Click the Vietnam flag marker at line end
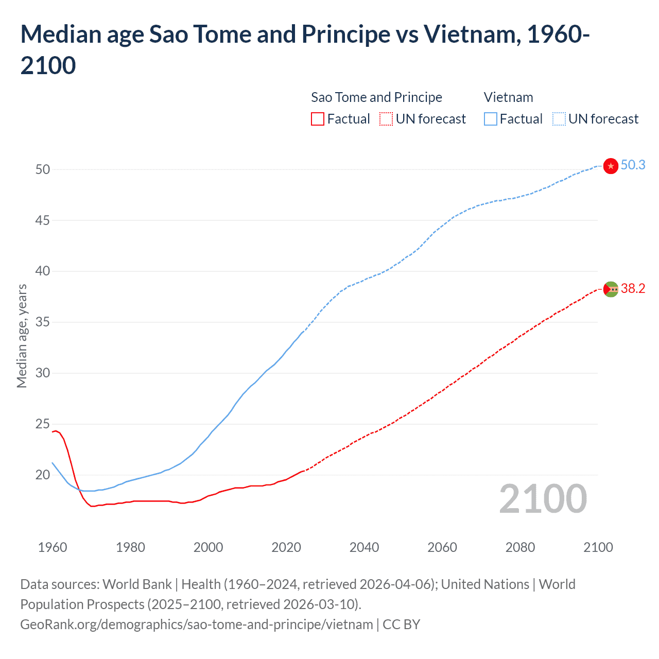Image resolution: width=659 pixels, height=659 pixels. pyautogui.click(x=611, y=166)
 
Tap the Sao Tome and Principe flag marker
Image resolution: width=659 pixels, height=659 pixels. pyautogui.click(x=611, y=289)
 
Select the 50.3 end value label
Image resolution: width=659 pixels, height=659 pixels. pyautogui.click(x=633, y=165)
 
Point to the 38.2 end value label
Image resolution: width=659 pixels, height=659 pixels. pyautogui.click(x=633, y=289)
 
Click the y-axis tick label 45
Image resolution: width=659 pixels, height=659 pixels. pyautogui.click(x=43, y=220)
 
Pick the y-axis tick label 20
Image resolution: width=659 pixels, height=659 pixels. pyautogui.click(x=43, y=475)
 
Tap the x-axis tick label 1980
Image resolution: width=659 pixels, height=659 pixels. pyautogui.click(x=130, y=547)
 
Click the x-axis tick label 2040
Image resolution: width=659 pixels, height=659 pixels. pyautogui.click(x=364, y=547)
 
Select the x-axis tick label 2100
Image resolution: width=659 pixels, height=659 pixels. pyautogui.click(x=598, y=547)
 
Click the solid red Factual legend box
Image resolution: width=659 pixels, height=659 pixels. pyautogui.click(x=318, y=119)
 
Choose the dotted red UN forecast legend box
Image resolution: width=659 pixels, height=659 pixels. pyautogui.click(x=386, y=119)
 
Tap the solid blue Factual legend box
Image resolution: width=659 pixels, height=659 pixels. pyautogui.click(x=491, y=119)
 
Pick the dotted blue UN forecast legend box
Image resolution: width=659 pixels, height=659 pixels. pyautogui.click(x=559, y=119)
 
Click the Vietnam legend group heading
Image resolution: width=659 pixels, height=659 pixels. pyautogui.click(x=508, y=97)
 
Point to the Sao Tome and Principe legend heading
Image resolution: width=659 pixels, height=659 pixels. pyautogui.click(x=376, y=97)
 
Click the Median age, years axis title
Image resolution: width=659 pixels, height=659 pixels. pyautogui.click(x=22, y=336)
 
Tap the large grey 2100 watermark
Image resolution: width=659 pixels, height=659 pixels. pyautogui.click(x=543, y=498)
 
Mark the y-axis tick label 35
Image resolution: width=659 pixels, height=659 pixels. pyautogui.click(x=43, y=322)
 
